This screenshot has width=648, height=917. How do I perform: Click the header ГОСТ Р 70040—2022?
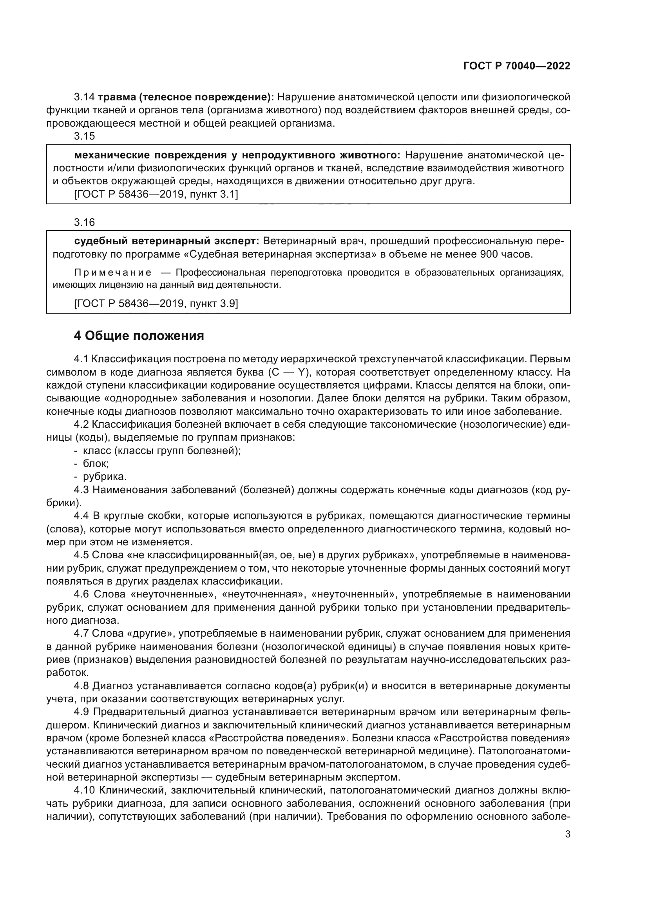(517, 66)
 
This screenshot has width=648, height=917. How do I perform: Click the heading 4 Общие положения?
(139, 336)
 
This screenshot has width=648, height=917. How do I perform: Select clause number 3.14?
(84, 97)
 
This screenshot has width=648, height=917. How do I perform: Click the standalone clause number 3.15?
(84, 136)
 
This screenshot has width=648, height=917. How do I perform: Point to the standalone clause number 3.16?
(84, 222)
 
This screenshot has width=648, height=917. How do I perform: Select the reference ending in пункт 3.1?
(156, 194)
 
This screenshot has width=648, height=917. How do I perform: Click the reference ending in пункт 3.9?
(156, 304)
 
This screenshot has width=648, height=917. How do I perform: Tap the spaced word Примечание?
(113, 273)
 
